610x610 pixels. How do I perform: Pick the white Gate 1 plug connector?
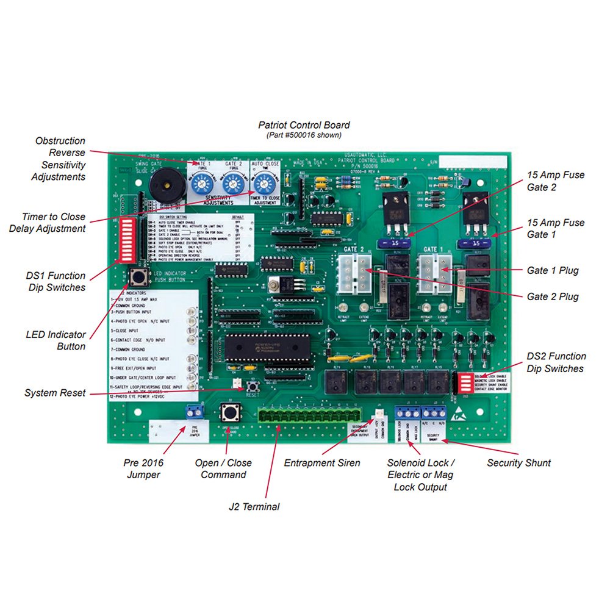pos(434,268)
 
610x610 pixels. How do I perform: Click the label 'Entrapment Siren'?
pos(322,463)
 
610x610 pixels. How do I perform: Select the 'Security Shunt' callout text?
pos(518,463)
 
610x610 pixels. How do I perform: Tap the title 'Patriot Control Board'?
pos(304,125)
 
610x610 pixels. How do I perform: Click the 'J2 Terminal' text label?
pos(254,506)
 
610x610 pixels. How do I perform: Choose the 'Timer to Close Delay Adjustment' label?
pos(54,223)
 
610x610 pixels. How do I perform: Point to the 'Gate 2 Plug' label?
pos(553,296)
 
